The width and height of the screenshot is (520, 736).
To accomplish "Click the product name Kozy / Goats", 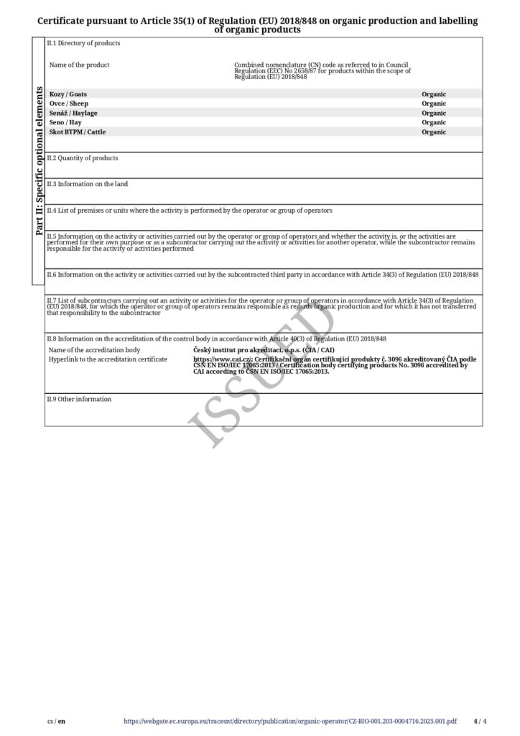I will click(68, 94).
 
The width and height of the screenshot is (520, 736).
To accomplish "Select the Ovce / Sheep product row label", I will click(68, 103).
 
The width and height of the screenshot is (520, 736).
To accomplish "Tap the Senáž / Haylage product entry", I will click(73, 113).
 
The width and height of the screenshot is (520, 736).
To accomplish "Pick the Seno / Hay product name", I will click(65, 122).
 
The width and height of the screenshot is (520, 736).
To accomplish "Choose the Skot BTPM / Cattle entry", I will click(77, 132).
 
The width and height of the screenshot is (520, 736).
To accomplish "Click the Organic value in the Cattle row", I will click(434, 132).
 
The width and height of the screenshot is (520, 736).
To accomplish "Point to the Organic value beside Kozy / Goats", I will click(434, 94).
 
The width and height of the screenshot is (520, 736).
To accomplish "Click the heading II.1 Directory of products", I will click(83, 43).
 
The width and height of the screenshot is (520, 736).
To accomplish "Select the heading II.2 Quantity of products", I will click(82, 158).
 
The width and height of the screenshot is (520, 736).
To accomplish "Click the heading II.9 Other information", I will click(79, 399).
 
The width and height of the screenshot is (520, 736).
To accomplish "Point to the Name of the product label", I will click(79, 65).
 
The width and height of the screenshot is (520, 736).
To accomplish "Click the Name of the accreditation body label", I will click(94, 350).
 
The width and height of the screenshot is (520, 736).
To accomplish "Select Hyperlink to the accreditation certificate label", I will click(108, 359).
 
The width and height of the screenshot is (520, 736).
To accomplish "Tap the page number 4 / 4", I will click(480, 721).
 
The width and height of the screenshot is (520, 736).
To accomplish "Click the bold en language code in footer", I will click(61, 721).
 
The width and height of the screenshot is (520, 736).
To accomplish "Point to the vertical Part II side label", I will click(39, 162).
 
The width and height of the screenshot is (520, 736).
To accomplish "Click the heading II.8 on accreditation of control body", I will click(216, 339).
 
